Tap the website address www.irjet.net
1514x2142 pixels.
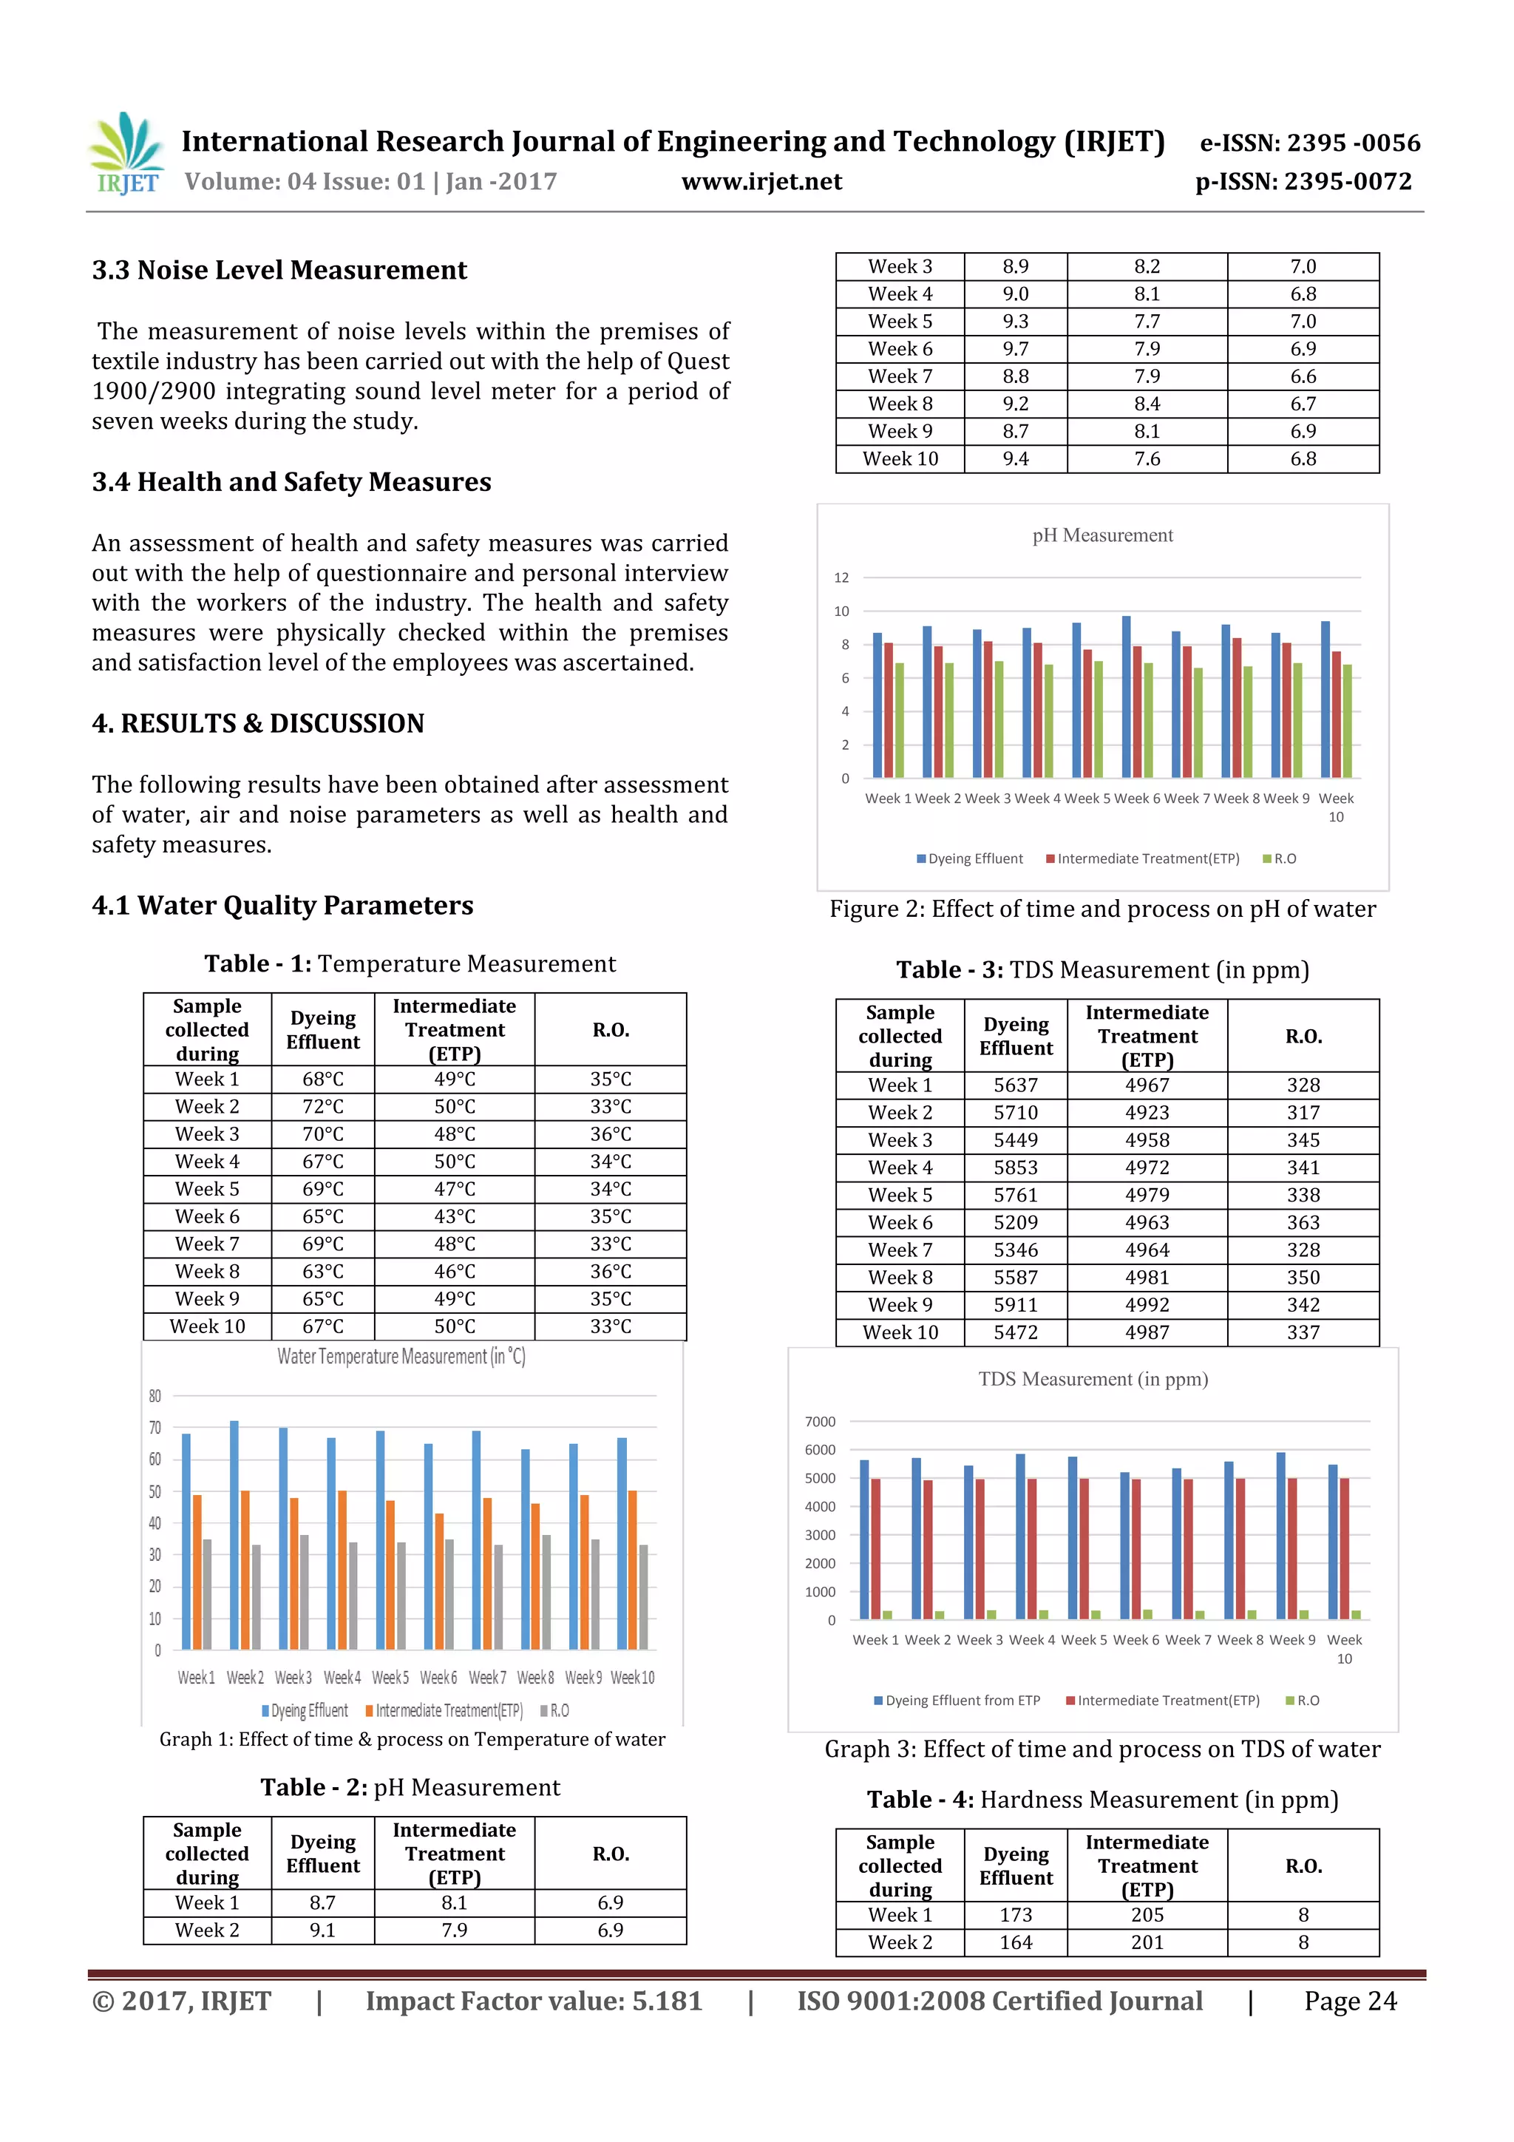coord(761,182)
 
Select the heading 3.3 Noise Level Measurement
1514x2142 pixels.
coord(279,271)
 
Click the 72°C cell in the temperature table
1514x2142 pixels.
coord(323,1106)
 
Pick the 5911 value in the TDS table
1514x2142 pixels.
coord(1015,1305)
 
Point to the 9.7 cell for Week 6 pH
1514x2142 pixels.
coord(1015,349)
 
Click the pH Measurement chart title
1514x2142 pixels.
coord(1101,535)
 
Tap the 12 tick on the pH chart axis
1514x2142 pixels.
coord(841,578)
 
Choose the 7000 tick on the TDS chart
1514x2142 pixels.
coord(820,1422)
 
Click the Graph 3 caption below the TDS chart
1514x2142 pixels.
coord(1101,1749)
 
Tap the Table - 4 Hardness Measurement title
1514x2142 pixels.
coord(1101,1800)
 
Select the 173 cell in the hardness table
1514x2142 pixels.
coord(1015,1915)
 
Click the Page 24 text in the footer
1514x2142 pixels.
coord(1350,2001)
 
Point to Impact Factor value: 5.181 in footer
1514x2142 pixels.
coord(534,2001)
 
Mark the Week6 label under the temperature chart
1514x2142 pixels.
coord(438,1678)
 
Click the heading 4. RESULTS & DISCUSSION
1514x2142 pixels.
coord(259,724)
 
